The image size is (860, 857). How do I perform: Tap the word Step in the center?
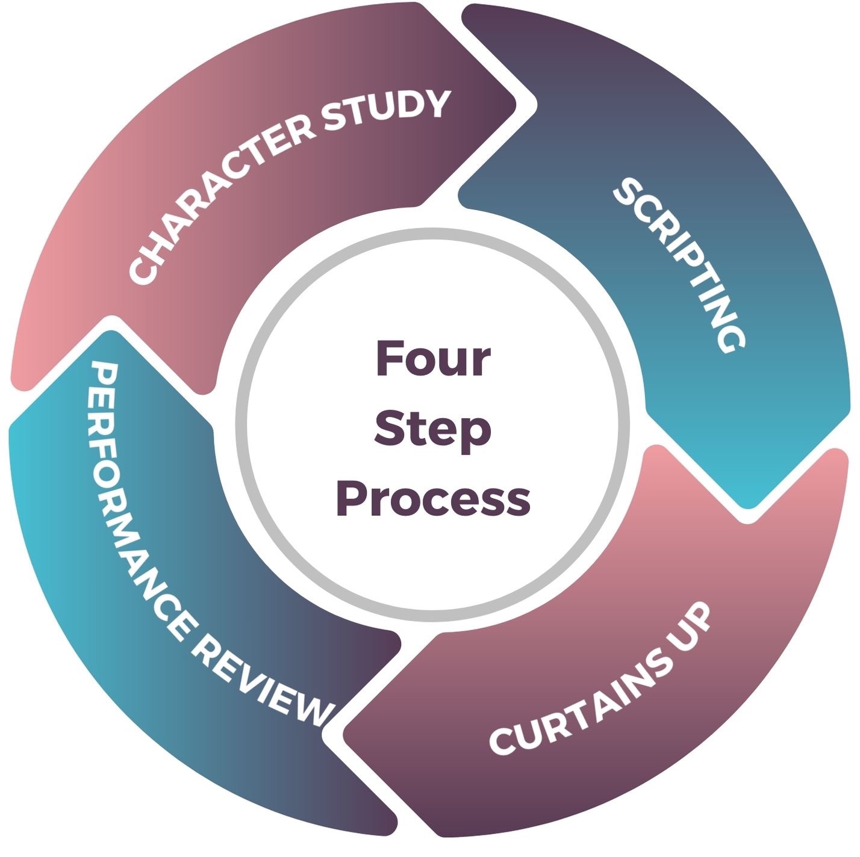432,428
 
